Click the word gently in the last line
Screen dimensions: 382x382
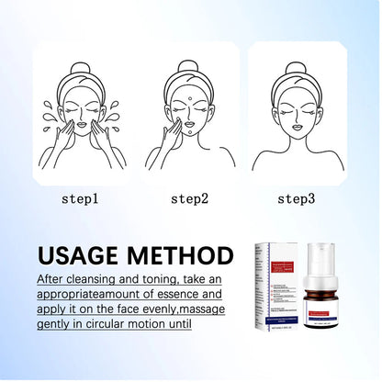(58, 325)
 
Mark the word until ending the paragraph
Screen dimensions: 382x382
(175, 325)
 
